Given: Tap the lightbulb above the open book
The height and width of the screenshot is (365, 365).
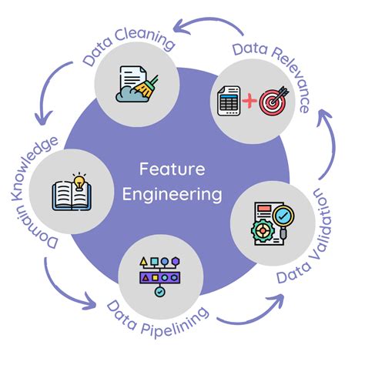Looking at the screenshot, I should point(78,182).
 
